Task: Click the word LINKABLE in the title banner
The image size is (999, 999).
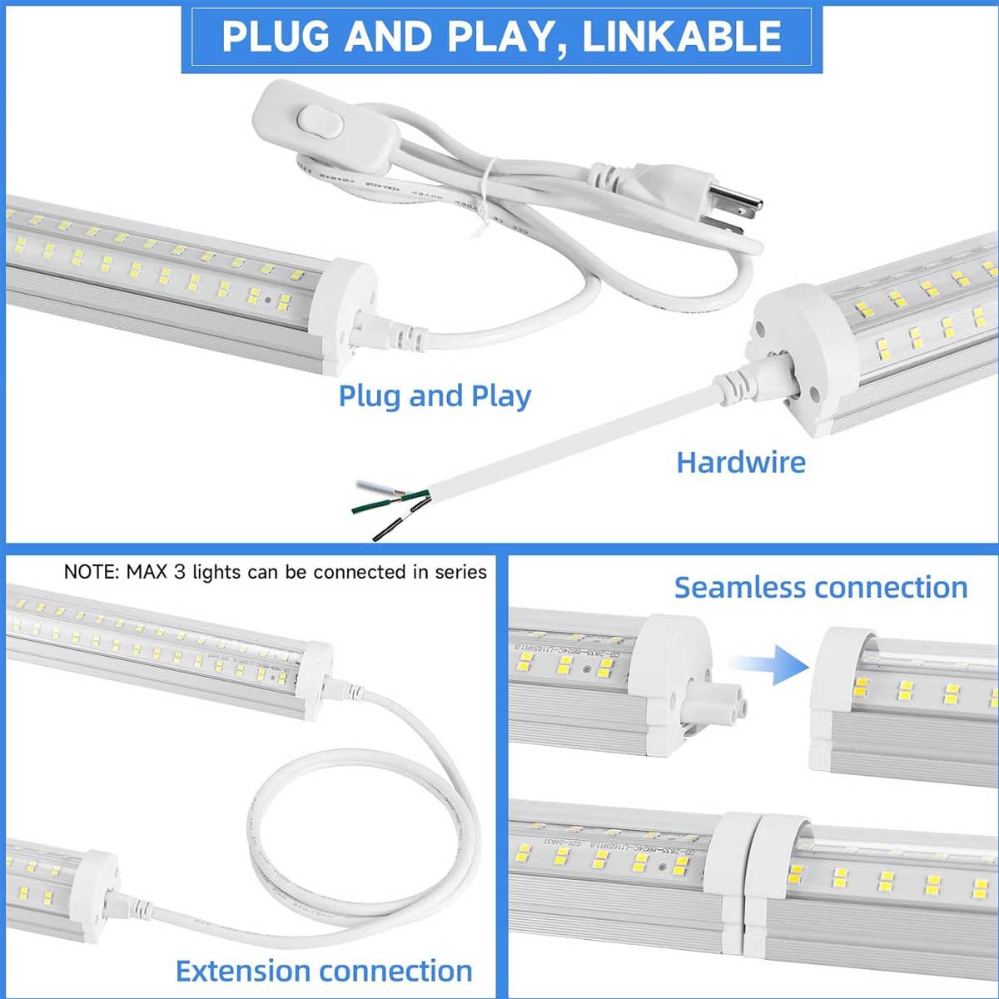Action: pos(682,37)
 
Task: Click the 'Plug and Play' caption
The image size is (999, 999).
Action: pos(434,395)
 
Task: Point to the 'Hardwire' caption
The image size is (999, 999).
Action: pos(740,462)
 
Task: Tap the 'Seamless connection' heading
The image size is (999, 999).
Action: pos(820,587)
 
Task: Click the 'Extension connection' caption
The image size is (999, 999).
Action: pos(324,971)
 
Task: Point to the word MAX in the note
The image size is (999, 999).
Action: pos(147,573)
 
